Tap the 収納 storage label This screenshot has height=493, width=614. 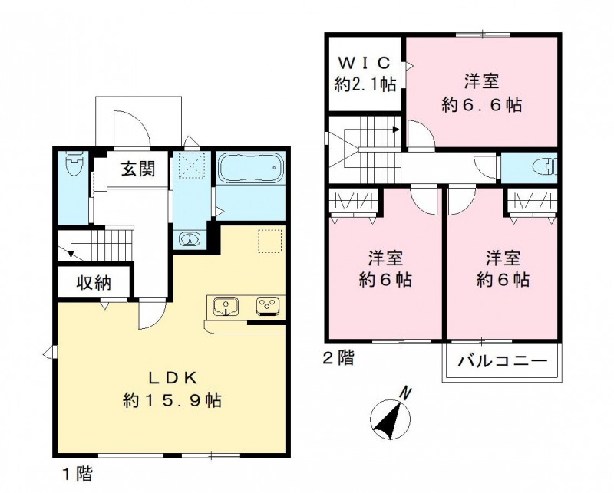[x=94, y=283]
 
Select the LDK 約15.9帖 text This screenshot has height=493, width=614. [x=173, y=389]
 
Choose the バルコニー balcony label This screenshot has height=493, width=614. [x=501, y=360]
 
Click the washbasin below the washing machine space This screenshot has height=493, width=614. [x=189, y=238]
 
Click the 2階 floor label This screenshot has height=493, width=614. [x=338, y=357]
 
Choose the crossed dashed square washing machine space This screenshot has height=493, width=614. [x=188, y=166]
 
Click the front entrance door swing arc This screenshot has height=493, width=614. [x=127, y=127]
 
